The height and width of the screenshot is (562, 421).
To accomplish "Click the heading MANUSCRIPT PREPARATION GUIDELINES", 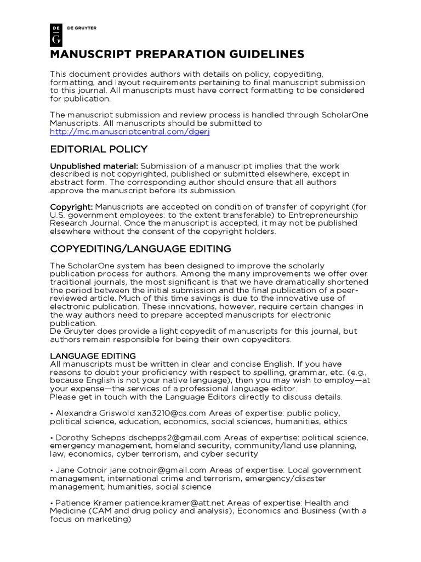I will click(177, 54).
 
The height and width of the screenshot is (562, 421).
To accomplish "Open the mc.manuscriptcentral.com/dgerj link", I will click(130, 132).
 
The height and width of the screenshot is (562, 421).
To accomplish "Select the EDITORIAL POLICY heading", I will click(99, 149).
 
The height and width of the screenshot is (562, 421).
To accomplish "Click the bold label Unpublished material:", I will click(94, 166).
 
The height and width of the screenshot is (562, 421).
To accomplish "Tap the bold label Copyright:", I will click(72, 206).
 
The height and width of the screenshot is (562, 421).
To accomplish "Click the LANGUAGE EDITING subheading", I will click(93, 356).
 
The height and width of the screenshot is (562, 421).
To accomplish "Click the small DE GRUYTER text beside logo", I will click(81, 28).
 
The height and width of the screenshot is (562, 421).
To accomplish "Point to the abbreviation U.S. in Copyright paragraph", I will click(58, 215).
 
